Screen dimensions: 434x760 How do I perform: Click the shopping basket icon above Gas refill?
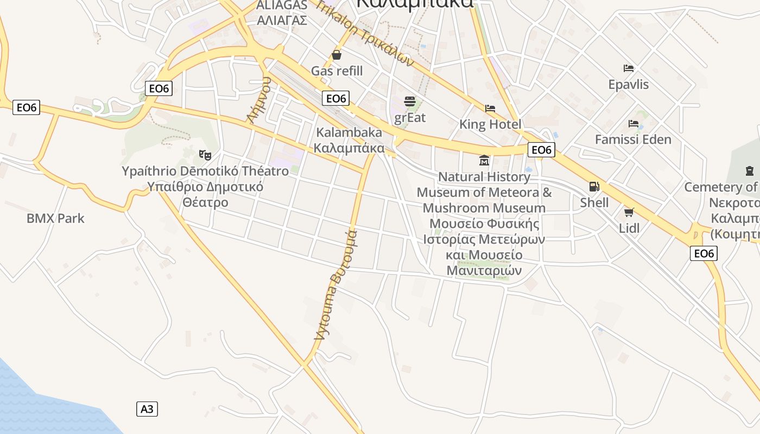(337, 55)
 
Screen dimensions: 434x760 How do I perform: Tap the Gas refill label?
(337, 71)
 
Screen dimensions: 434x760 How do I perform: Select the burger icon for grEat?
(410, 101)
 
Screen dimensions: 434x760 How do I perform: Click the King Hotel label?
(490, 124)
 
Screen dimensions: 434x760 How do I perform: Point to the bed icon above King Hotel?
(490, 108)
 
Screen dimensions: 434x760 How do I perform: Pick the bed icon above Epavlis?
(629, 68)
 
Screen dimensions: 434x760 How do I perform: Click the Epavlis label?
(629, 85)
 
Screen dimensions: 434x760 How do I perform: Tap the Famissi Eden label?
(633, 139)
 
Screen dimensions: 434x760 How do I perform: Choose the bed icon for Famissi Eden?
(634, 124)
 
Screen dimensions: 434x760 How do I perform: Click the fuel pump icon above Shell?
(594, 187)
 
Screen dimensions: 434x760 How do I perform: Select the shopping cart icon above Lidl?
(629, 212)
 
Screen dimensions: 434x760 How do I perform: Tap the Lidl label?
(629, 228)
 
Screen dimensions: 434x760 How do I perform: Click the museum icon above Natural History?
(484, 161)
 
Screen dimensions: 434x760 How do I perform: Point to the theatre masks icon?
(205, 155)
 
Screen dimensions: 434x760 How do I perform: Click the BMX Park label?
(56, 219)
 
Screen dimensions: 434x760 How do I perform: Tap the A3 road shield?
(147, 409)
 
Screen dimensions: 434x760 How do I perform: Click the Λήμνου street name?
(258, 100)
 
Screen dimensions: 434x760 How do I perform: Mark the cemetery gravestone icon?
(750, 171)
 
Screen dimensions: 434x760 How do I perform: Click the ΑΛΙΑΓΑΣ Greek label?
(282, 21)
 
